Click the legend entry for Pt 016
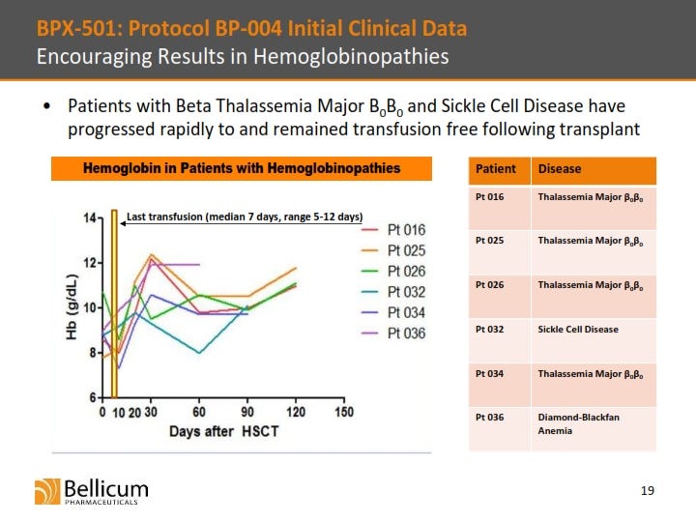tap(393, 230)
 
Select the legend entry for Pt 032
tap(393, 292)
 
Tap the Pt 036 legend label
tap(406, 333)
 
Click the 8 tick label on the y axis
tap(93, 353)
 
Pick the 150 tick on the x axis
tap(344, 412)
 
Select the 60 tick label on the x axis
tap(199, 412)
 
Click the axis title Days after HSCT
tap(223, 431)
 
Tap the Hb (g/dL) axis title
tap(72, 307)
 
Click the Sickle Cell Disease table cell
tap(578, 330)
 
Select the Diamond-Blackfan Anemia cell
tap(578, 424)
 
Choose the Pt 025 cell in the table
tap(489, 241)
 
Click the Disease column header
tap(560, 169)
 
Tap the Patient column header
tap(495, 169)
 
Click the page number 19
tap(647, 490)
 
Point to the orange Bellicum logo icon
tap(47, 491)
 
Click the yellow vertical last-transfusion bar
tap(114, 304)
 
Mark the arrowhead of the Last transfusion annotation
tap(123, 223)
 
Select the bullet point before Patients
tap(47, 106)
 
